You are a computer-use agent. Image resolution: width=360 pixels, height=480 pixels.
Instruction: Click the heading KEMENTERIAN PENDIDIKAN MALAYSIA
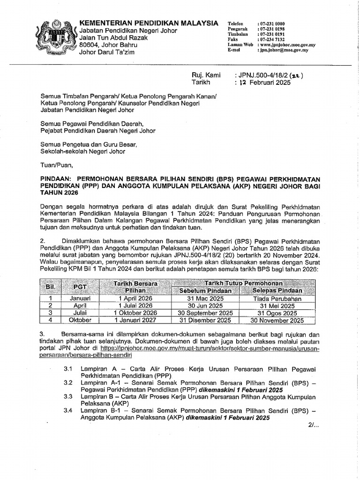click(149, 23)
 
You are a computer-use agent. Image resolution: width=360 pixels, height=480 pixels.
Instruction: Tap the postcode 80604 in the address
click(92, 45)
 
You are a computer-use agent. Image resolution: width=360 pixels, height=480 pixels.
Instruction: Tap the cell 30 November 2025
click(277, 321)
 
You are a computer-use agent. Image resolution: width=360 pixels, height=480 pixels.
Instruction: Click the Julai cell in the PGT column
click(80, 313)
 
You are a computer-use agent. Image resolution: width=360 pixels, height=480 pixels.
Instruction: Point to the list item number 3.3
click(68, 397)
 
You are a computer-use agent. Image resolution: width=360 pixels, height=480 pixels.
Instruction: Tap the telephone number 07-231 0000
click(275, 24)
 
